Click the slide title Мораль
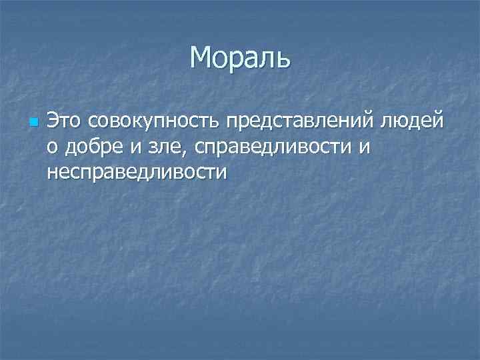tap(240, 58)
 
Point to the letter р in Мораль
tap(237, 61)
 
